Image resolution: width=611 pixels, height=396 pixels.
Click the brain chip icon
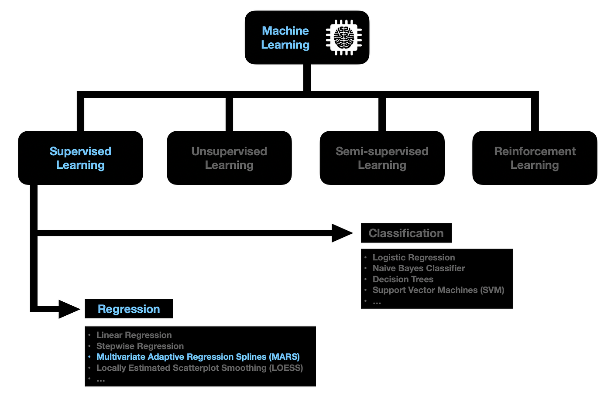pyautogui.click(x=344, y=38)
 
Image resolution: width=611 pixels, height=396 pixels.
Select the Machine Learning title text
pyautogui.click(x=285, y=38)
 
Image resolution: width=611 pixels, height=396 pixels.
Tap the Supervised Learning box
pyautogui.click(x=80, y=158)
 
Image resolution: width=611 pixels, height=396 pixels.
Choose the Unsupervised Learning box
pyautogui.click(x=229, y=158)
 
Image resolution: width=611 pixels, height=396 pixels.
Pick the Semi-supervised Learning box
pyautogui.click(x=382, y=158)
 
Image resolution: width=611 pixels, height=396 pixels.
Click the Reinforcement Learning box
pyautogui.click(x=535, y=158)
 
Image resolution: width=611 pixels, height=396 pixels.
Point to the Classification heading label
pyautogui.click(x=406, y=233)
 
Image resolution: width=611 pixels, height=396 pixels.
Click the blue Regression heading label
pyautogui.click(x=129, y=309)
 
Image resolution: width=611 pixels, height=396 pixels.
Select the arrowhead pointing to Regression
pyautogui.click(x=69, y=309)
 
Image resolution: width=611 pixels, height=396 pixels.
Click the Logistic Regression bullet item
pyautogui.click(x=414, y=257)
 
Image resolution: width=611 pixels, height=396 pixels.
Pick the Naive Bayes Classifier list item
pyautogui.click(x=419, y=268)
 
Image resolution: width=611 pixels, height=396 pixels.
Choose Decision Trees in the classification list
pyautogui.click(x=403, y=279)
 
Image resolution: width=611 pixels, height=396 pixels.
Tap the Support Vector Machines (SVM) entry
pyautogui.click(x=438, y=290)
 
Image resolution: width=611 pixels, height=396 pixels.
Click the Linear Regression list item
pyautogui.click(x=134, y=335)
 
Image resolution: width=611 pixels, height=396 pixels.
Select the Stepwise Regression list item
pyautogui.click(x=140, y=346)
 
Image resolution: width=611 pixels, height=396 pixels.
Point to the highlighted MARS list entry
pyautogui.click(x=198, y=357)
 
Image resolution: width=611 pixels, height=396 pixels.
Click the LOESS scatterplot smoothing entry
pyautogui.click(x=200, y=368)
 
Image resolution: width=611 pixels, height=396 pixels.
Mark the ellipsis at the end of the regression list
pyautogui.click(x=101, y=380)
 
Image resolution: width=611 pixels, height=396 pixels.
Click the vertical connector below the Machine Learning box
pyautogui.click(x=307, y=77)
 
